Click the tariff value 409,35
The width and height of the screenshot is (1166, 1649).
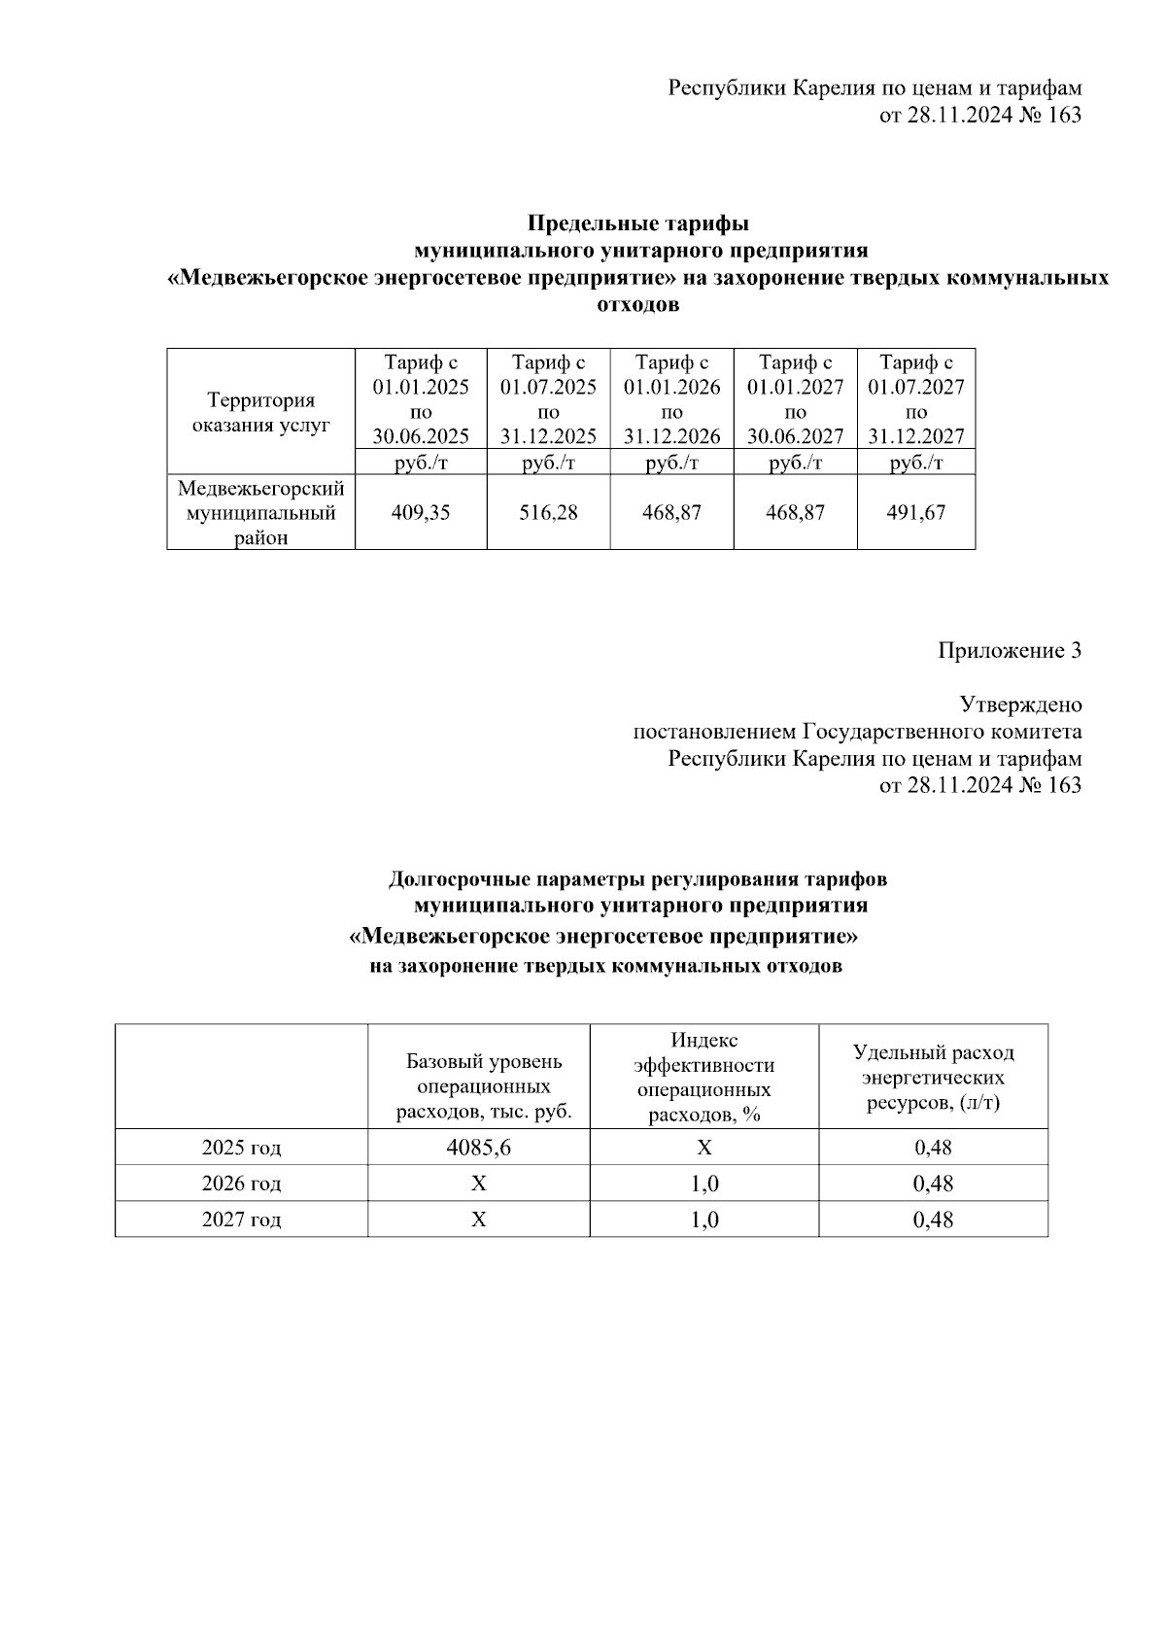point(421,512)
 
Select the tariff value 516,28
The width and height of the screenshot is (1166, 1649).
point(548,512)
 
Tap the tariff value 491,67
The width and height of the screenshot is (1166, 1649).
point(915,512)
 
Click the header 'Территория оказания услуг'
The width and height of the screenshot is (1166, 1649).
point(260,412)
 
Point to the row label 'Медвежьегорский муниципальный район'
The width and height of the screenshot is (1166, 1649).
point(260,512)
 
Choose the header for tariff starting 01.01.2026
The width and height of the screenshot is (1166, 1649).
point(671,398)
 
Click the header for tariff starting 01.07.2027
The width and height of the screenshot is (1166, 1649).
point(915,398)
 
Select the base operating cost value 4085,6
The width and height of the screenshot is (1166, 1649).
point(478,1148)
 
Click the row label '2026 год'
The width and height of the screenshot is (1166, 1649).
point(241,1184)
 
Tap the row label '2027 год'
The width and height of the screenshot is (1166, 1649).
point(241,1220)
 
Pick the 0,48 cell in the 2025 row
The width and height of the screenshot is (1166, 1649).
point(933,1148)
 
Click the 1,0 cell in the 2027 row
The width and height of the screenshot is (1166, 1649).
point(704,1220)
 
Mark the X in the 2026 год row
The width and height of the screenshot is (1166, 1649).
point(478,1184)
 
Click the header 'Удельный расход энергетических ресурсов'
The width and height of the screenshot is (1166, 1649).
point(933,1077)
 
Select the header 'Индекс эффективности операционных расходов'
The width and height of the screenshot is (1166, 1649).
point(704,1077)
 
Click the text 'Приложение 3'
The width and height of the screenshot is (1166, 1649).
point(1009,650)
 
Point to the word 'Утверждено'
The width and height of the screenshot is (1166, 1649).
point(1020,704)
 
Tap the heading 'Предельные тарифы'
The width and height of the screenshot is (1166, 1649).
point(637,224)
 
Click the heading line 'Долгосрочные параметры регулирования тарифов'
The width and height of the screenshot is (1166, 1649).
point(637,880)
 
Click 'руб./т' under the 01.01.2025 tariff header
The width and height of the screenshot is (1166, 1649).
point(421,464)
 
